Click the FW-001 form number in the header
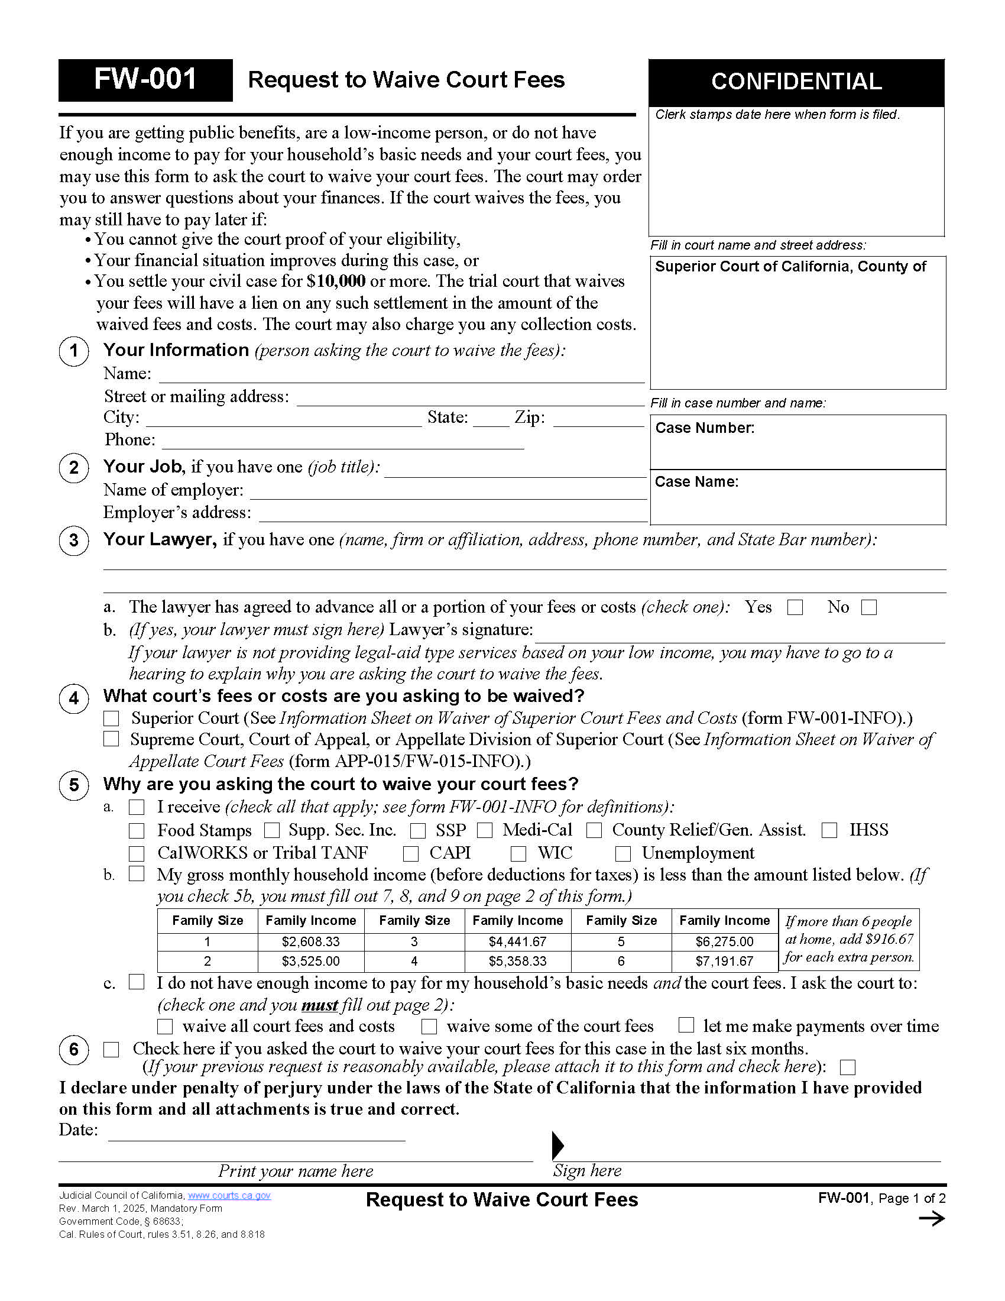145,79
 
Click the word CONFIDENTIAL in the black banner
796,82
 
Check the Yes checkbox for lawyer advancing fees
795,607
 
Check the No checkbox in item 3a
869,607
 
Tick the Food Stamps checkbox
137,831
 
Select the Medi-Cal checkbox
485,830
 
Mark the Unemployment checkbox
623,853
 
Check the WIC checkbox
518,853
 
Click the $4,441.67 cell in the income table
517,942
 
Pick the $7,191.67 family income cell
724,962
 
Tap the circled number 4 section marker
74,698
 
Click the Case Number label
704,428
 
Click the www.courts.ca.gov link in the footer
229,1196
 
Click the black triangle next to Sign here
557,1145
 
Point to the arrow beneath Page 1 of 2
932,1219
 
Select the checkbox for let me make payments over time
686,1025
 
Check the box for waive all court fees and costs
165,1027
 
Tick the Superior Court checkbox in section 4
111,719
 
